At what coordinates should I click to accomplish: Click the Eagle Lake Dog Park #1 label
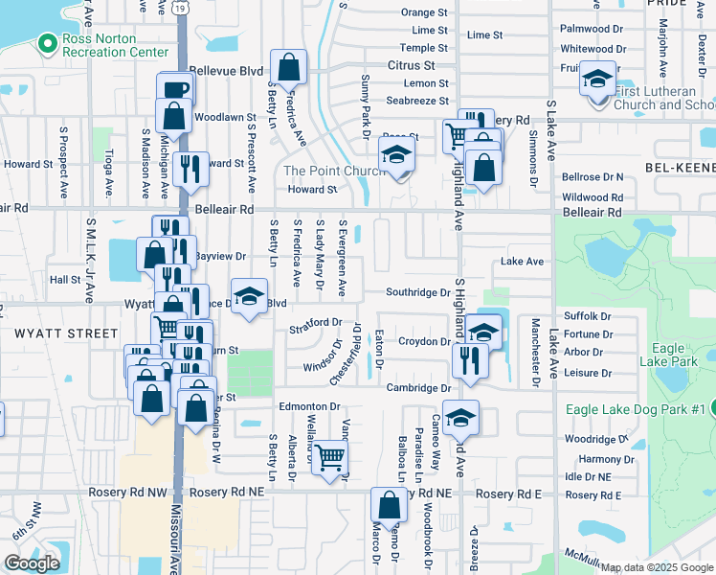[x=635, y=409]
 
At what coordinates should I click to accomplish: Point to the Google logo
[x=32, y=563]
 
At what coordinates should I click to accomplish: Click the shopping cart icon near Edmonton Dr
[x=330, y=458]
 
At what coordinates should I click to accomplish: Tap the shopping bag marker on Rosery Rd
[x=389, y=505]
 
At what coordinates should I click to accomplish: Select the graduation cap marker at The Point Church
[x=396, y=154]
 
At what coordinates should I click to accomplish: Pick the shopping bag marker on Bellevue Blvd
[x=288, y=67]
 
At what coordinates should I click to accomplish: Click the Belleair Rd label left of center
[x=224, y=208]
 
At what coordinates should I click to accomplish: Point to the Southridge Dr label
[x=417, y=292]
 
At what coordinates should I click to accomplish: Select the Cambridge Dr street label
[x=418, y=387]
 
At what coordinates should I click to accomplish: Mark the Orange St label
[x=424, y=12]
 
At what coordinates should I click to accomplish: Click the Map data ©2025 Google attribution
[x=658, y=567]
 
